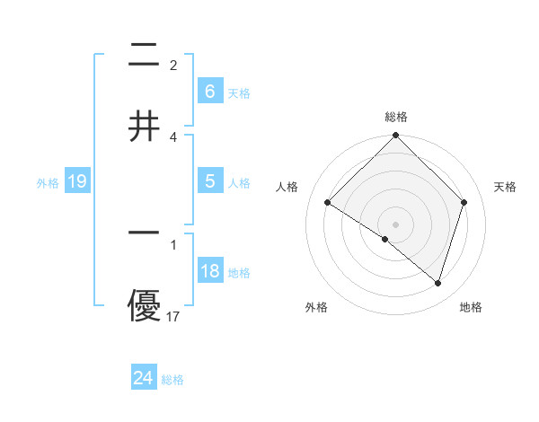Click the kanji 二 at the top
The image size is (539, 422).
[144, 57]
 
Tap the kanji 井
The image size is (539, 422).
[144, 127]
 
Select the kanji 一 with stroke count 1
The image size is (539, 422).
[144, 233]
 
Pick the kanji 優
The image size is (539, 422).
[144, 304]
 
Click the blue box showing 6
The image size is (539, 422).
[209, 91]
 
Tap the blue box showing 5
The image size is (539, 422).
[209, 180]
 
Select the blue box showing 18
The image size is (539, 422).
[209, 271]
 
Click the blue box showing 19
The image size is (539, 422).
[77, 181]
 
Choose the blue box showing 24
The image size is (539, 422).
[144, 378]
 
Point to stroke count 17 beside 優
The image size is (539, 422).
[173, 316]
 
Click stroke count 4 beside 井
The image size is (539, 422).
[173, 136]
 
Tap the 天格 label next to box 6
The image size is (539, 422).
[239, 92]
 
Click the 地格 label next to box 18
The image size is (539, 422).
[239, 273]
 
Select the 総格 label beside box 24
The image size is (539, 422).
[172, 380]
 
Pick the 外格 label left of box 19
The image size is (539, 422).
[48, 183]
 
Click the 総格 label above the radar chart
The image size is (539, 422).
[396, 117]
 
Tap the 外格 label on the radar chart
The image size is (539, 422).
[316, 307]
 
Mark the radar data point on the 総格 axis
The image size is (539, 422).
[396, 136]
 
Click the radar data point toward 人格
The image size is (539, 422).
[328, 203]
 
